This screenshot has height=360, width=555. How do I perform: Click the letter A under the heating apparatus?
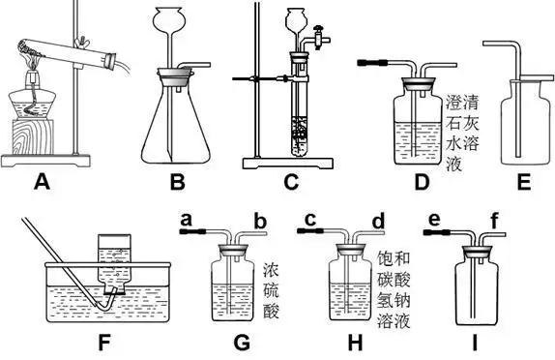tap(42, 179)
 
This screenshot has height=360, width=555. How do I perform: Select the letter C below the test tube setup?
tap(292, 179)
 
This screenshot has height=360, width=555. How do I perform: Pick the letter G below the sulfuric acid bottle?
tap(242, 343)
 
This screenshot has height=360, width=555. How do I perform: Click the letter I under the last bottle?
tap(479, 343)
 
